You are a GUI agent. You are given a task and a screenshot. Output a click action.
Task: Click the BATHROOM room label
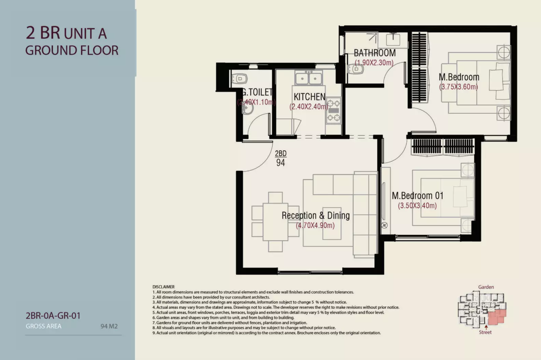point(375,53)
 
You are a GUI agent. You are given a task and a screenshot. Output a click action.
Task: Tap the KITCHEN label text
point(310,97)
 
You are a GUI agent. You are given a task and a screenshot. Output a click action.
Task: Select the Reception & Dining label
point(316,216)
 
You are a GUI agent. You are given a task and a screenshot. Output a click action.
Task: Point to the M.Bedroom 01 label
point(418,196)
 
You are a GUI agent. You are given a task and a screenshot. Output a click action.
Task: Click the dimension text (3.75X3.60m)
point(458,87)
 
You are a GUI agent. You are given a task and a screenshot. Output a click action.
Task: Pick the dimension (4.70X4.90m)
point(315,225)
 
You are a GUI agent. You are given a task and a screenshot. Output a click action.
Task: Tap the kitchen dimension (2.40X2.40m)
point(309,107)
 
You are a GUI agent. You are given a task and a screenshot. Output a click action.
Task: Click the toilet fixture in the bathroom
point(356,69)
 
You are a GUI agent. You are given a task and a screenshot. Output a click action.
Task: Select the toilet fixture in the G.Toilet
point(239,79)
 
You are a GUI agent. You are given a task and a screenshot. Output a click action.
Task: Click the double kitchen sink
point(309,78)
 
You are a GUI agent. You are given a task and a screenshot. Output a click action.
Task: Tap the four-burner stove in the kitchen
point(334,111)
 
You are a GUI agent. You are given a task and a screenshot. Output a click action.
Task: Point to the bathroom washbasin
point(393,39)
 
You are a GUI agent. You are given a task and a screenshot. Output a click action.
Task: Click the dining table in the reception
point(275,222)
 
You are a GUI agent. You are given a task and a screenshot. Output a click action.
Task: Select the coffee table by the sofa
point(332,223)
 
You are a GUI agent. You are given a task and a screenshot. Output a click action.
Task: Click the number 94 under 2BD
point(280,163)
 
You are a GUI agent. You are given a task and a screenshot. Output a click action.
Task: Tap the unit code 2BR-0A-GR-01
point(53,316)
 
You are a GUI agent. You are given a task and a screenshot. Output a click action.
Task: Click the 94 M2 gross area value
point(109,326)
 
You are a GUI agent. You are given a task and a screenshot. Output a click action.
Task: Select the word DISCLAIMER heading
point(163,287)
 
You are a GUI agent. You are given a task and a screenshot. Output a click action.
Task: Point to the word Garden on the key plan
point(486,287)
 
